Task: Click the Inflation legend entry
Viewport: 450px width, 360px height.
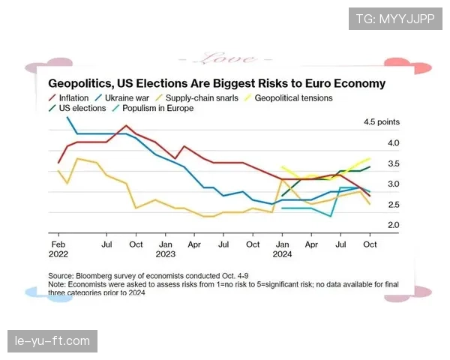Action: point(73,97)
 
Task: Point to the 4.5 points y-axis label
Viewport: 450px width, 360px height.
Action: point(381,121)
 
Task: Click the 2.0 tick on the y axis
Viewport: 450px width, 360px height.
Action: point(372,225)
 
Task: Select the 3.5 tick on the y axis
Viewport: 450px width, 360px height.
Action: point(372,163)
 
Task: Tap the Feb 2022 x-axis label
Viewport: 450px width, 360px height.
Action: point(58,249)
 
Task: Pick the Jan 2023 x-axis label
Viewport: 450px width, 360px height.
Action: point(166,249)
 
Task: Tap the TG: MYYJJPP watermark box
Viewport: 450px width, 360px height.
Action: point(395,18)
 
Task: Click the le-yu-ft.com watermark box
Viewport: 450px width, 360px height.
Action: point(52,341)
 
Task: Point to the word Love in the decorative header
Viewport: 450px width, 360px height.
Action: point(224,58)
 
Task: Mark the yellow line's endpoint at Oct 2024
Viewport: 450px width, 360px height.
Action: point(370,158)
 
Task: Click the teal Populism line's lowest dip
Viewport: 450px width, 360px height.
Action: point(331,217)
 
